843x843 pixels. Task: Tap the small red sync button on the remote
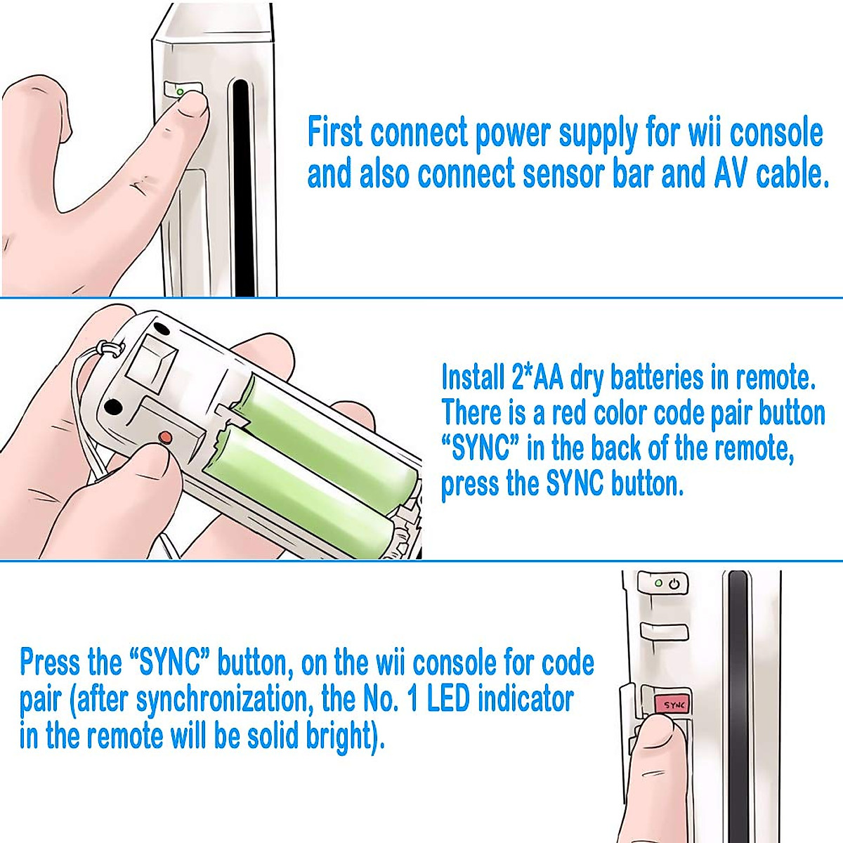(x=165, y=437)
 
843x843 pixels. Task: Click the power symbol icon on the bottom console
(x=674, y=584)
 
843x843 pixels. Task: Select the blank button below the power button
(x=664, y=630)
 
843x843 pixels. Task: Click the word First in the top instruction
(x=335, y=133)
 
